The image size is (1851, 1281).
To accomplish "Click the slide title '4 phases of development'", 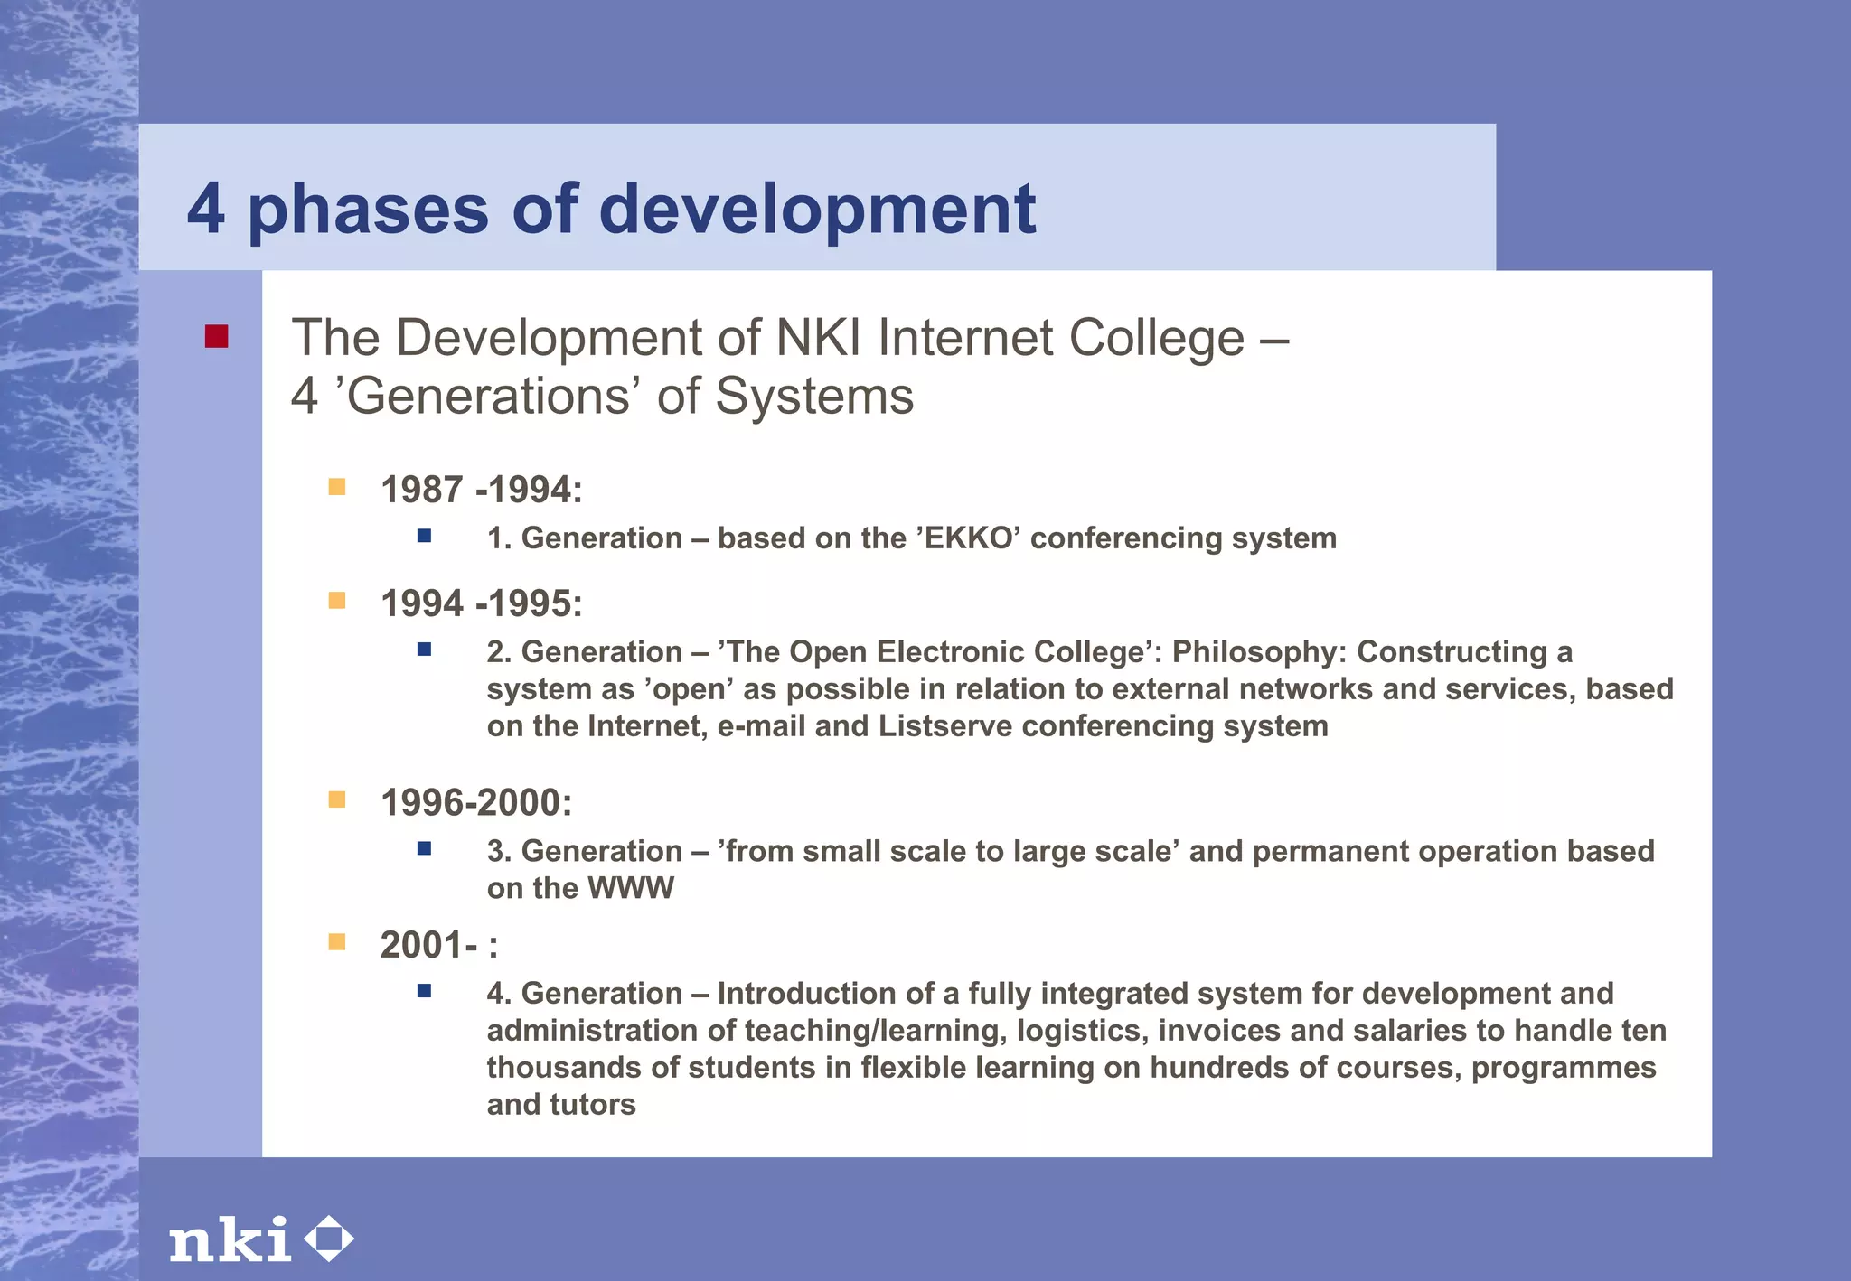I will (x=611, y=209).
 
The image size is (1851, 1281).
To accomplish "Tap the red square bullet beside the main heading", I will (x=216, y=337).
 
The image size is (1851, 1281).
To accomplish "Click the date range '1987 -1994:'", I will (x=481, y=490).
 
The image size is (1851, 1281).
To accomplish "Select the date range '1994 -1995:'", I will (x=481, y=603).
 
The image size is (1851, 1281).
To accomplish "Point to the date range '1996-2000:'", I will (x=476, y=802).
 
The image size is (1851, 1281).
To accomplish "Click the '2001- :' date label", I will (x=438, y=945).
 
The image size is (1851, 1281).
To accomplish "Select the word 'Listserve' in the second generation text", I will (x=944, y=726).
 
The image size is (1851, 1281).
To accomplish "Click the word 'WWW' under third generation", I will (x=631, y=888).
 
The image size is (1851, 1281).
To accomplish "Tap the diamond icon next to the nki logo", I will (x=328, y=1239).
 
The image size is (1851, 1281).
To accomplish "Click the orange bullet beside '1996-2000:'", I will (x=337, y=799).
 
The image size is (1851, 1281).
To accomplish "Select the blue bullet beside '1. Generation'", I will (x=424, y=536).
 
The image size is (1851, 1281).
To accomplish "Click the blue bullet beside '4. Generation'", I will (x=424, y=991).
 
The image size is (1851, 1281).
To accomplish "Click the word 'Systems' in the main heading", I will (x=813, y=397).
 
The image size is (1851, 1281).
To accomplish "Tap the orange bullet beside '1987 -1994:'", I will (x=337, y=487).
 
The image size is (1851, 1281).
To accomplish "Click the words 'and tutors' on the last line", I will (x=561, y=1105).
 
